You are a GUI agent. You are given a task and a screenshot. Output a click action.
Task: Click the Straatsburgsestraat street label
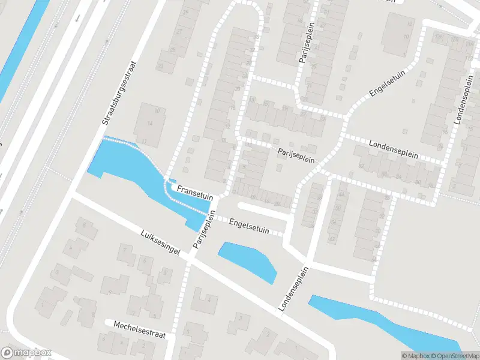[120, 93]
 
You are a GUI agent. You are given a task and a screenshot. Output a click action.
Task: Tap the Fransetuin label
[195, 188]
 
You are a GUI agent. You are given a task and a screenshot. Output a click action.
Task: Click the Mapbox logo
[26, 353]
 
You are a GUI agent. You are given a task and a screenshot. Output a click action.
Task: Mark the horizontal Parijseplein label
[296, 155]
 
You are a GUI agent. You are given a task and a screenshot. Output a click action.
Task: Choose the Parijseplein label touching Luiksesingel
[204, 230]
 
